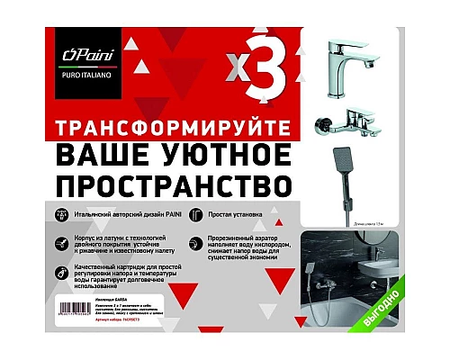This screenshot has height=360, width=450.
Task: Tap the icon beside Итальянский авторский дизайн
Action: click(x=61, y=217)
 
